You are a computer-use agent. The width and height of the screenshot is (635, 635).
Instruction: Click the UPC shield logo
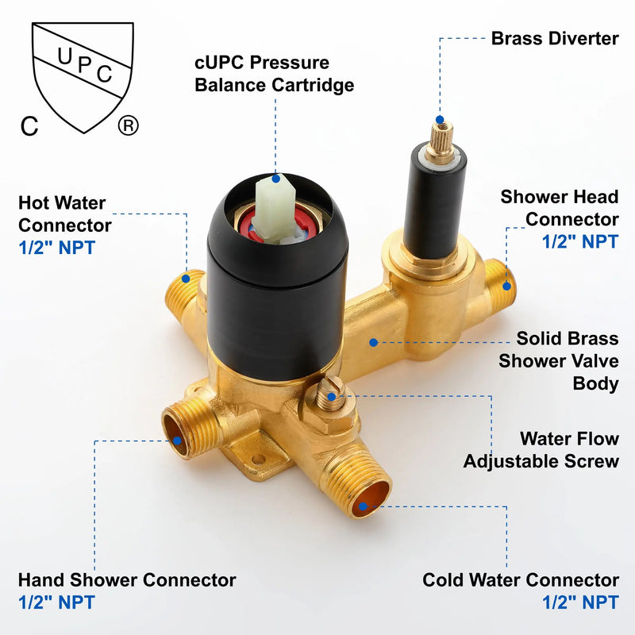(x=83, y=77)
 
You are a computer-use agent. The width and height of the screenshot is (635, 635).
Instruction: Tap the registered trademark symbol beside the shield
(x=128, y=125)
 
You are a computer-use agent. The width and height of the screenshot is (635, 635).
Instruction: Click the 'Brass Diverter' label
(x=555, y=39)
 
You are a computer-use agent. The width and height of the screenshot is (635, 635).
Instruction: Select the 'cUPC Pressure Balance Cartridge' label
(x=274, y=74)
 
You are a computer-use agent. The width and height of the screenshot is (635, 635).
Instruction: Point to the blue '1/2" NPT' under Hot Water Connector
(x=56, y=248)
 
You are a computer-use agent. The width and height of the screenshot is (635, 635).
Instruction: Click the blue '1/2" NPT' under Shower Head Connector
(x=580, y=241)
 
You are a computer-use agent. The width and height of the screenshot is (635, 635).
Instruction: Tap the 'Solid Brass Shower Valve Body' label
(x=559, y=361)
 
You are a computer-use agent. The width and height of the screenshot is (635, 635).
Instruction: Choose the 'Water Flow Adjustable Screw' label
(x=541, y=450)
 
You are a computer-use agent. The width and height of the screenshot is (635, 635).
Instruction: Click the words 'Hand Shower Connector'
(x=127, y=580)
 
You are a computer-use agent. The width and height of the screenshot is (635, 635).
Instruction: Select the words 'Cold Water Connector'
(x=521, y=580)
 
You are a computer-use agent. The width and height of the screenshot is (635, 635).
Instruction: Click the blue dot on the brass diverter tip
(x=440, y=120)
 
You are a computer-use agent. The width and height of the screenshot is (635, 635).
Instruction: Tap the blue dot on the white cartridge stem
(x=275, y=178)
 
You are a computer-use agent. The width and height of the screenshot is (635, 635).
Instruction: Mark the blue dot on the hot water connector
(x=186, y=279)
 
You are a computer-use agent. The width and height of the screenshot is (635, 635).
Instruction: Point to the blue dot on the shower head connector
(x=506, y=287)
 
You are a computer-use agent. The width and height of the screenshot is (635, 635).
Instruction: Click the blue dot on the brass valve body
(x=373, y=343)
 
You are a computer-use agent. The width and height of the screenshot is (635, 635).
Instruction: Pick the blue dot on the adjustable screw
(x=331, y=397)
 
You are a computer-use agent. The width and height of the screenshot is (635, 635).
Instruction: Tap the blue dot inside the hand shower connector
(x=177, y=441)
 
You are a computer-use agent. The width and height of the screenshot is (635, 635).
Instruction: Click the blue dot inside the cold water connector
(x=363, y=506)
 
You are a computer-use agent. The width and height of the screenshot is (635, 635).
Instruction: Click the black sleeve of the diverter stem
(x=434, y=202)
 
